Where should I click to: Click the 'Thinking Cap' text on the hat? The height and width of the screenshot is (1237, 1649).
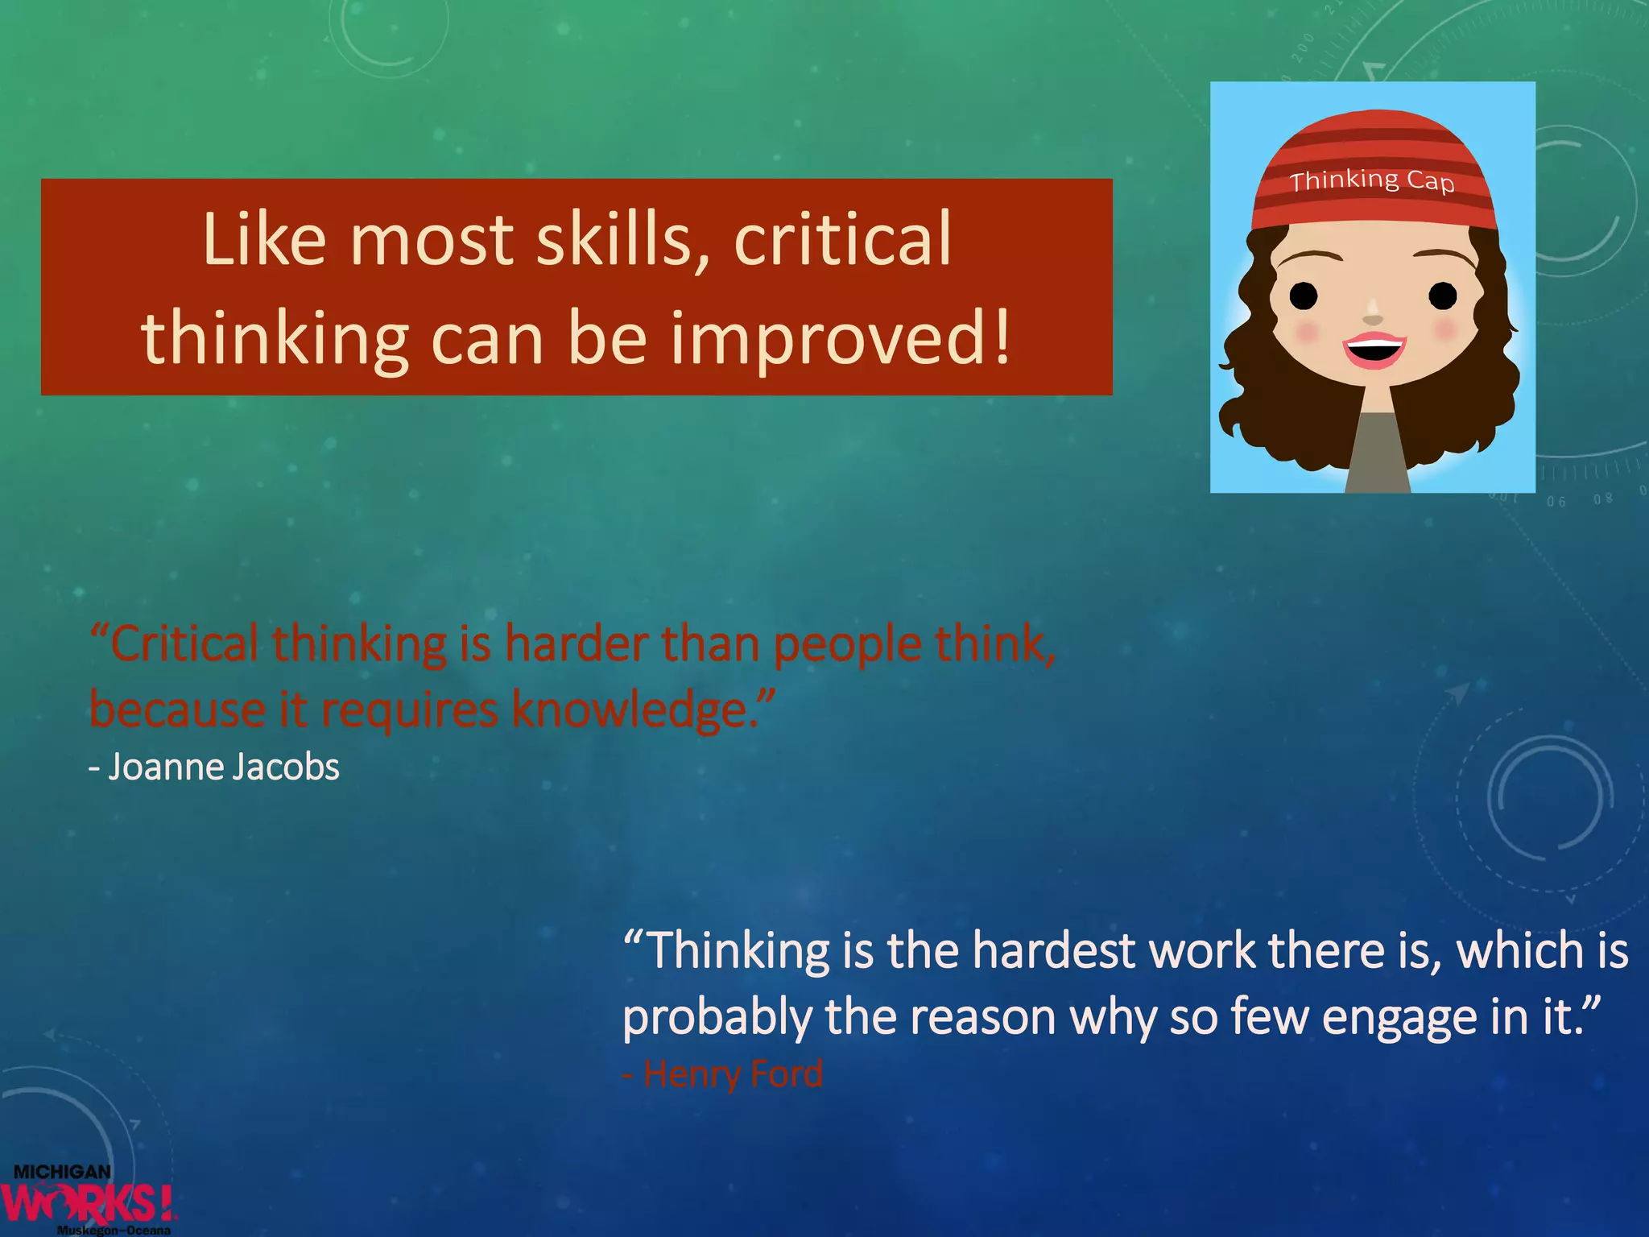(1372, 180)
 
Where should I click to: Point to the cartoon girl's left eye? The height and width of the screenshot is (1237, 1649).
(1304, 296)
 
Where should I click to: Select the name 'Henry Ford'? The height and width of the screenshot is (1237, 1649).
(733, 1074)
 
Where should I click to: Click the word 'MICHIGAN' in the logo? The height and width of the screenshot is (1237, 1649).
(62, 1172)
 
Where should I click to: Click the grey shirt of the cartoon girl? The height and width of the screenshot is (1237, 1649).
(1378, 455)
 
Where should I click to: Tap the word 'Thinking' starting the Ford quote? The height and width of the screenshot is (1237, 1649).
(738, 951)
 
